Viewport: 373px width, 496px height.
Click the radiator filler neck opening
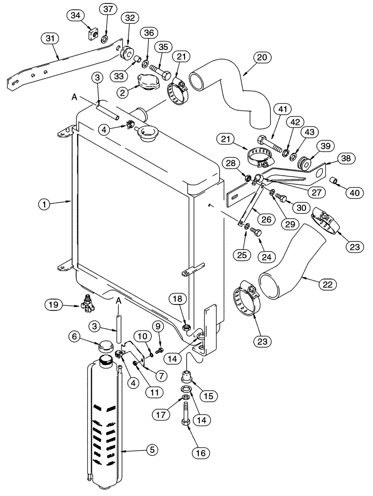point(147,132)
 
